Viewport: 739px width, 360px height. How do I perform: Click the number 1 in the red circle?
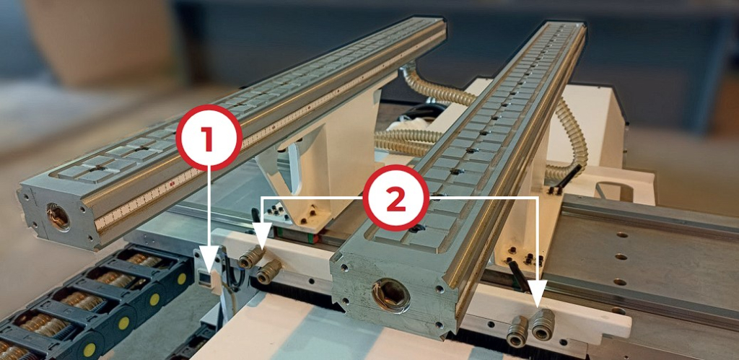(x=208, y=138)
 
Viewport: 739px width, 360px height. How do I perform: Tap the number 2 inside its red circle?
(x=396, y=198)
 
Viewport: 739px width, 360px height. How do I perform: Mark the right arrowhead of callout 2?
(x=537, y=292)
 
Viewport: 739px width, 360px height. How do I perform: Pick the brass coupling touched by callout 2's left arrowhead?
(x=250, y=257)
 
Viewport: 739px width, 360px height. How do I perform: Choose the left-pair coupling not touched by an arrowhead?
(x=269, y=272)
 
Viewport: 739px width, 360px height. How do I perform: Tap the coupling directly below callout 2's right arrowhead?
(x=543, y=325)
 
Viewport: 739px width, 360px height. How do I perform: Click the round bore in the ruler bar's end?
(x=58, y=216)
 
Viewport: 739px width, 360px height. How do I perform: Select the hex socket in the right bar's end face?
(x=390, y=296)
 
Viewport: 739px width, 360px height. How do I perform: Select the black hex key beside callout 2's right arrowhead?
(x=519, y=276)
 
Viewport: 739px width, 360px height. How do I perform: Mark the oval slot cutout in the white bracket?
(x=614, y=190)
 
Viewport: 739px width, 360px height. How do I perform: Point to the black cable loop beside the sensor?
(x=232, y=273)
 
